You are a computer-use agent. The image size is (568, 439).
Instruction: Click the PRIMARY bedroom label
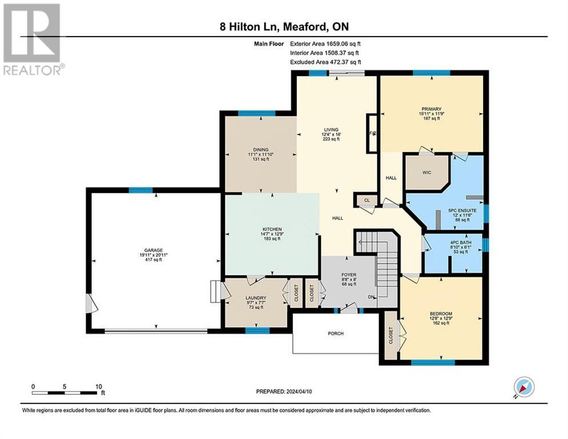(x=432, y=109)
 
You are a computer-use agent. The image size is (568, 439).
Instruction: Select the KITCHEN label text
(x=271, y=229)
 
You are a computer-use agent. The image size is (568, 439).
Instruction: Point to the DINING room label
(x=258, y=150)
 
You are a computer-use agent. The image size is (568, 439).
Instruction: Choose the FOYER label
(x=349, y=275)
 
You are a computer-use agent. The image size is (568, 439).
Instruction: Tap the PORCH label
(x=335, y=334)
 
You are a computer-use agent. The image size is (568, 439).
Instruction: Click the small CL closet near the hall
(x=366, y=201)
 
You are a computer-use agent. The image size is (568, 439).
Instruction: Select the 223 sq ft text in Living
(x=331, y=139)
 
